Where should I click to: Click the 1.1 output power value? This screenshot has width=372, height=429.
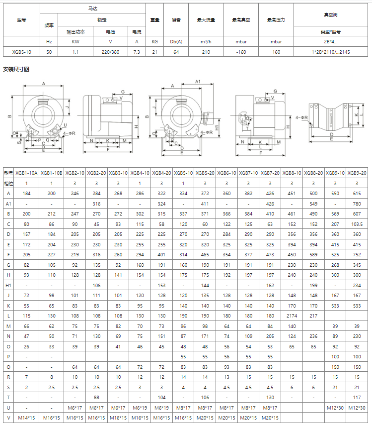tap(75, 52)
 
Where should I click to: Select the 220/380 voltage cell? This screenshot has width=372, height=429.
tap(110, 52)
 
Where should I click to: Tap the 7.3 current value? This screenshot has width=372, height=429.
tap(137, 52)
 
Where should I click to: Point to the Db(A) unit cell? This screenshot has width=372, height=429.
tap(176, 42)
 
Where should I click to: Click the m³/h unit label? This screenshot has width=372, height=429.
tap(206, 42)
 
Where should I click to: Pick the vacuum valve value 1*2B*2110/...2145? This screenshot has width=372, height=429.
tap(332, 52)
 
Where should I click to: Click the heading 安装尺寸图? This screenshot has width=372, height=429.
tap(16, 69)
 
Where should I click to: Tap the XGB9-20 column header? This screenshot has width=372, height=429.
tap(357, 173)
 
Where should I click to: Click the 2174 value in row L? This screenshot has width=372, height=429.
tap(292, 316)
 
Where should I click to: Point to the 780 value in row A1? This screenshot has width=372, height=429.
tap(357, 204)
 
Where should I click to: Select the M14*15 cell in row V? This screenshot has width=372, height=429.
tap(26, 417)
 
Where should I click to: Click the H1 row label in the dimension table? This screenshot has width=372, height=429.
tap(8, 285)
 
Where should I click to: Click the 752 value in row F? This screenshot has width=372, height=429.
tap(357, 254)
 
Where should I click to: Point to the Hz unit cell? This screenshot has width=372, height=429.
tap(49, 42)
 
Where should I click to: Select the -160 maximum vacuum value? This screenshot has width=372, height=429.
tap(241, 52)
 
